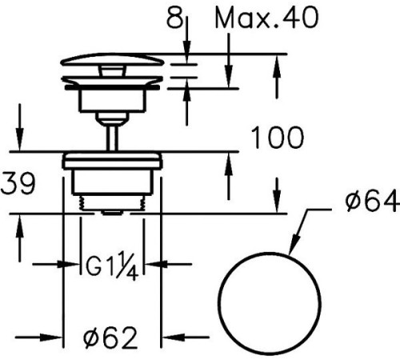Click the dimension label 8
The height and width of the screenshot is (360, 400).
pos(174,18)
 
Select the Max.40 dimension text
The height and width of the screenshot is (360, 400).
pos(266,18)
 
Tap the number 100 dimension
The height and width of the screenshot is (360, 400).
pos(278,138)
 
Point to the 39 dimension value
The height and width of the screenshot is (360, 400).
pos(18,183)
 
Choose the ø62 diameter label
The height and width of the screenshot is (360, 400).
pos(110,338)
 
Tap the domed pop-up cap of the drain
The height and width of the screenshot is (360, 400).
pos(112,59)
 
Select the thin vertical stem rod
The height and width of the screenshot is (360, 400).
pos(112,138)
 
